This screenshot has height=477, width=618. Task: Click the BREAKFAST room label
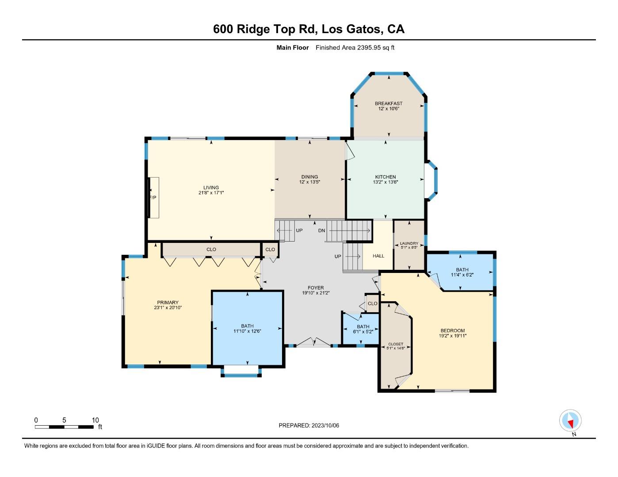click(x=389, y=104)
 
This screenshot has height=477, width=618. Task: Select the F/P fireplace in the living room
click(x=153, y=197)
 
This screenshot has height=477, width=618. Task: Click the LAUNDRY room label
click(x=409, y=243)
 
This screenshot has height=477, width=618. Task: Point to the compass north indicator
click(x=570, y=421)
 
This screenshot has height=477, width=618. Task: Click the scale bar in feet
click(x=64, y=427)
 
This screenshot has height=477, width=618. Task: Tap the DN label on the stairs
click(x=322, y=231)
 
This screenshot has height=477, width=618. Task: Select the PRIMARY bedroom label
click(x=168, y=303)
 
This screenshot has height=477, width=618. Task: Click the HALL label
click(x=378, y=256)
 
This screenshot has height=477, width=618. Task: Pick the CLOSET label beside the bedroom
click(x=396, y=344)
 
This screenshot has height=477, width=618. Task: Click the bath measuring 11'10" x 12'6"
click(x=247, y=326)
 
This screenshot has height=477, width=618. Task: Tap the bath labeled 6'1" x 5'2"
click(x=363, y=327)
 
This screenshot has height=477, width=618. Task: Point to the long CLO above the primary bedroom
click(x=211, y=250)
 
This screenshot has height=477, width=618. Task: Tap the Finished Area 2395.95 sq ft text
click(x=355, y=48)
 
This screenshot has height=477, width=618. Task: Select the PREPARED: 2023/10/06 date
click(x=309, y=425)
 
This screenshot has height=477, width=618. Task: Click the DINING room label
click(x=309, y=177)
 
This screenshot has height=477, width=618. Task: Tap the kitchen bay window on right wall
click(x=432, y=180)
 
